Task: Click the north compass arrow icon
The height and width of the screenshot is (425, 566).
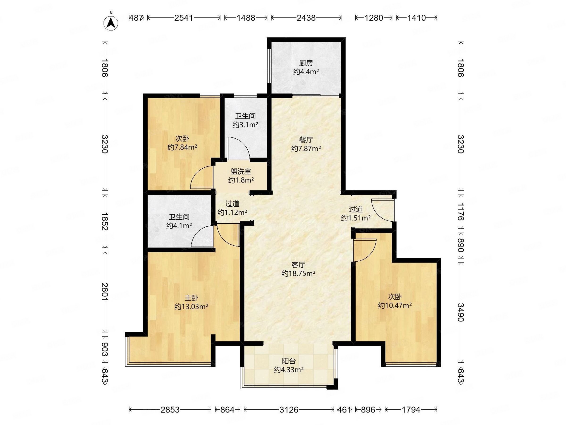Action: tap(111, 23)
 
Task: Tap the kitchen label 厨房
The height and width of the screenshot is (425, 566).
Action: tap(306, 63)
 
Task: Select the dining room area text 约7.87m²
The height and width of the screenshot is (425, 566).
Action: tap(306, 148)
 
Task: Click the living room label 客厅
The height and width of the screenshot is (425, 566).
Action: tap(299, 265)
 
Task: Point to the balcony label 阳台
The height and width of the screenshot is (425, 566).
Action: tap(289, 361)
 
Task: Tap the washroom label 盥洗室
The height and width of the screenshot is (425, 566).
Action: tap(241, 171)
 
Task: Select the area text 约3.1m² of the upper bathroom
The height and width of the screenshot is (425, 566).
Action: tap(245, 125)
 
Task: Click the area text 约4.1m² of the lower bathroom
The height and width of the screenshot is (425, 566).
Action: tap(179, 226)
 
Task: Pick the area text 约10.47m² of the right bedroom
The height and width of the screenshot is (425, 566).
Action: tap(395, 305)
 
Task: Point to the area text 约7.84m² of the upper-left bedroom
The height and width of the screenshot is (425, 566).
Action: tap(182, 147)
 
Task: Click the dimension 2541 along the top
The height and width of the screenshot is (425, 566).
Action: tap(183, 18)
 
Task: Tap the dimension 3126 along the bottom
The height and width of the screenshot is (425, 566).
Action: tap(289, 410)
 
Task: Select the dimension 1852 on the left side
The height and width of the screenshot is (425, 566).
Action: tap(105, 221)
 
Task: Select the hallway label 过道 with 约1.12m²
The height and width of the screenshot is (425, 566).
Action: tap(232, 204)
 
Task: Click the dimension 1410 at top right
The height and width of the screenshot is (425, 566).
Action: tap(416, 18)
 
